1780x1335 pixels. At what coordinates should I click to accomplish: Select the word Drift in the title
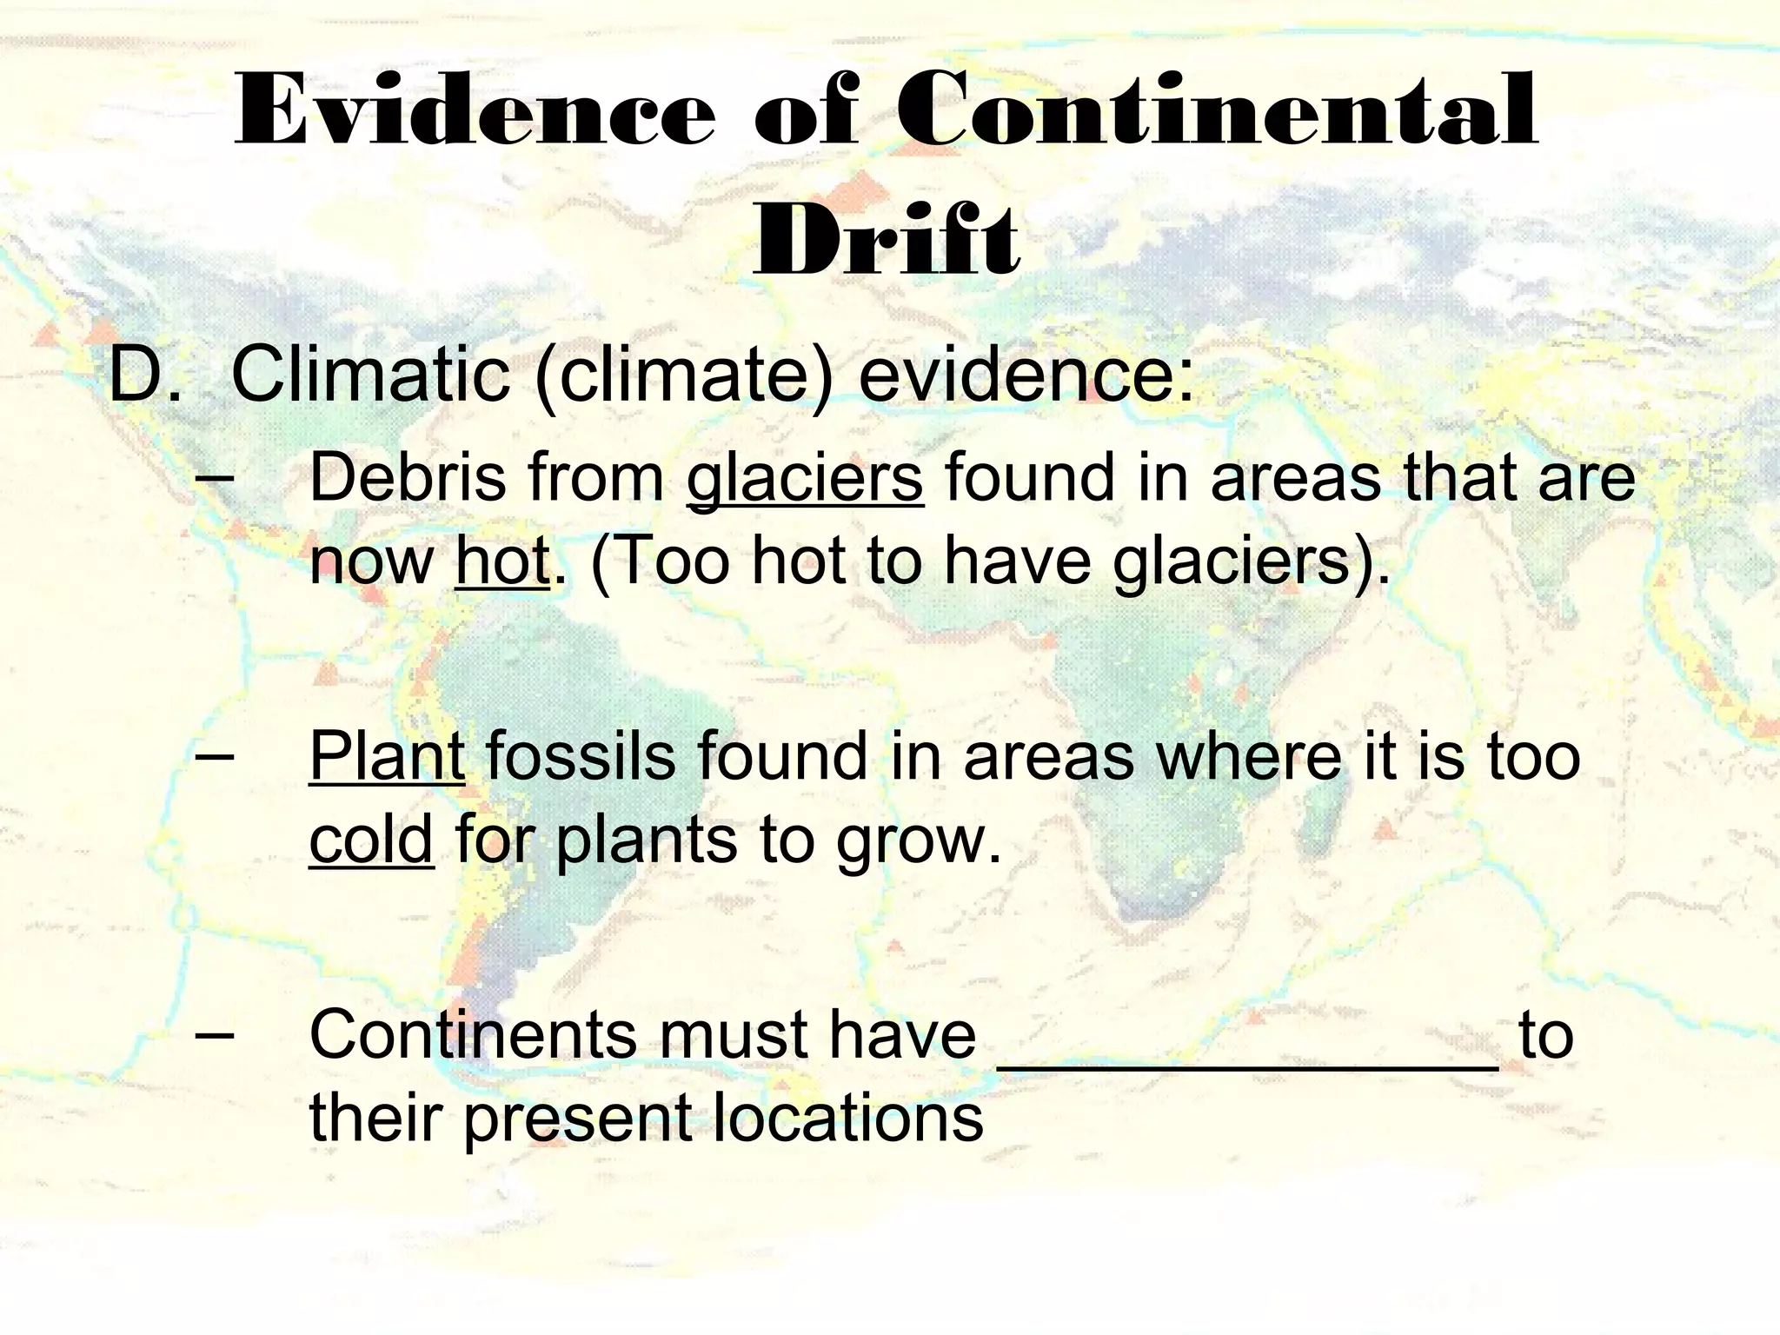[887, 239]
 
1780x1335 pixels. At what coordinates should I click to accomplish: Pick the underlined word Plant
[387, 756]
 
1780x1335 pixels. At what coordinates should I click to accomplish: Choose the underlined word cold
[371, 840]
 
